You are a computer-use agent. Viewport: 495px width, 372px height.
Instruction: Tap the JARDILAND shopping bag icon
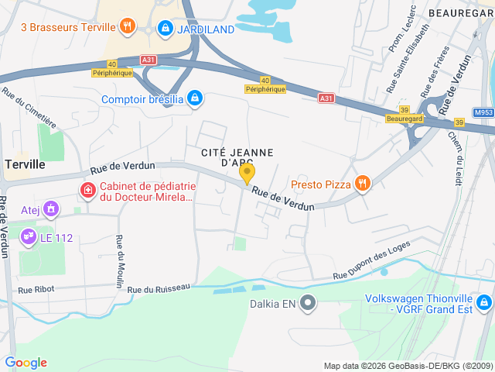(x=165, y=29)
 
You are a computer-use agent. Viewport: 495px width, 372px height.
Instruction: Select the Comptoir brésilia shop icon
(x=196, y=98)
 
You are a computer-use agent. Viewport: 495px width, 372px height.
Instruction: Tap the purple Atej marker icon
(x=51, y=208)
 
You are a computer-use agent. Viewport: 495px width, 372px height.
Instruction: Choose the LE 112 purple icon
(x=29, y=235)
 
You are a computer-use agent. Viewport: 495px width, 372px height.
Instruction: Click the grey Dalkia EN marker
(x=309, y=302)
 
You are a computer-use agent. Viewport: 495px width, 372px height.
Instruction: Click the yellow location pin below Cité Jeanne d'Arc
(x=247, y=174)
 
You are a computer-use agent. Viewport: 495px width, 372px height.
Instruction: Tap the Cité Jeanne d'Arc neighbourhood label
(x=234, y=157)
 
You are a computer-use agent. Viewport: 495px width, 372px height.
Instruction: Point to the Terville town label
(x=26, y=164)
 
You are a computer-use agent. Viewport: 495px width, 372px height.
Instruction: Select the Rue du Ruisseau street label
(x=159, y=288)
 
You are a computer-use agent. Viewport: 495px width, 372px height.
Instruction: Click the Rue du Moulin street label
(x=120, y=261)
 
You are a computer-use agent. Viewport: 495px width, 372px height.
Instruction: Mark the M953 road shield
(x=484, y=112)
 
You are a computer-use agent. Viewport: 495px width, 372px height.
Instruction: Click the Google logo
(x=26, y=363)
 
